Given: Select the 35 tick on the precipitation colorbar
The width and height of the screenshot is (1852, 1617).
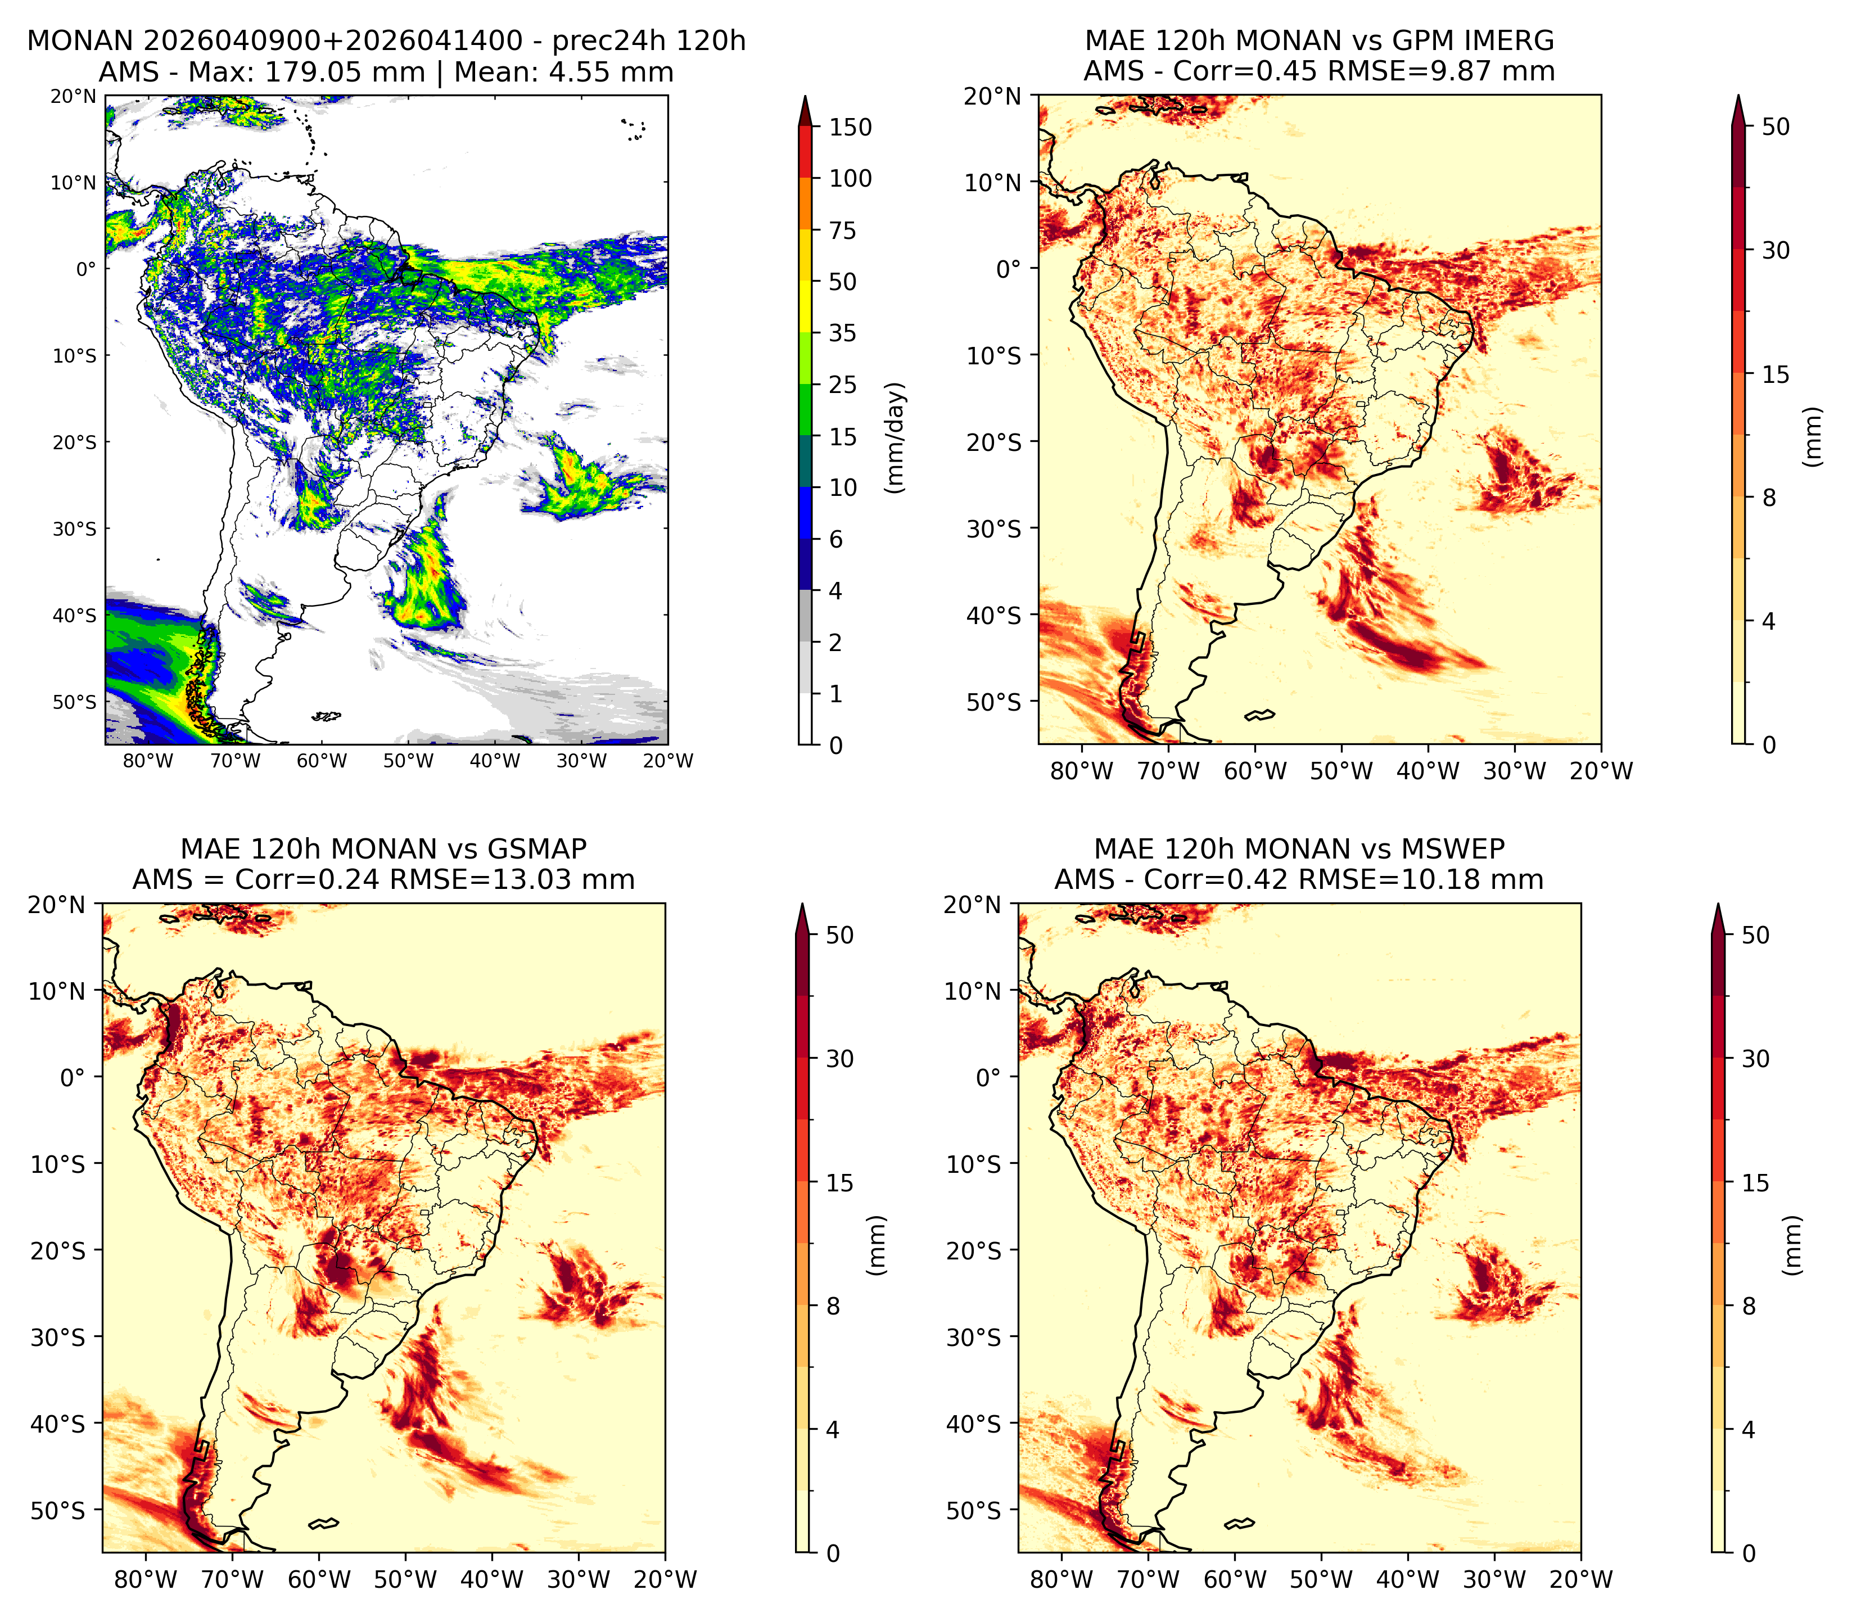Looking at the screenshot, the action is pos(843,333).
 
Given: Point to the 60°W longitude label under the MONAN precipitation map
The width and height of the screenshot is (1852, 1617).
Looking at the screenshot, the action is pos(322,761).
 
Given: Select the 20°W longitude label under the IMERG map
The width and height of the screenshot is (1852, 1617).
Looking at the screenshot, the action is pos(1601,771).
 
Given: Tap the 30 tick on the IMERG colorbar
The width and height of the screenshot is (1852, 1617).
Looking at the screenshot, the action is pos(1776,250).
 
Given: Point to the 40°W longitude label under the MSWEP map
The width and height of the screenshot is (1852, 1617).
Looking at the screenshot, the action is pos(1408,1580).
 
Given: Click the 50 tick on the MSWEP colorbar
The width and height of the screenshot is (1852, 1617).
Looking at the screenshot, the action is pos(1755,935).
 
